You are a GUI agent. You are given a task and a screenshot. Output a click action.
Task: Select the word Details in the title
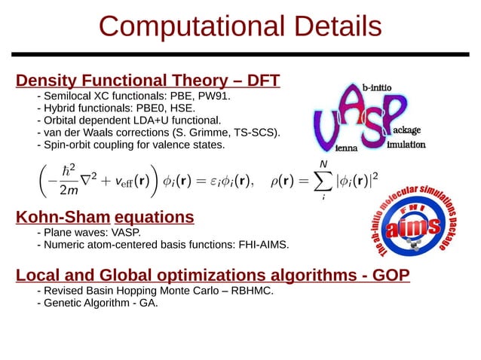click(x=325, y=26)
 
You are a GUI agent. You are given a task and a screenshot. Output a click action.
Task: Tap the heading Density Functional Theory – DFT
click(x=149, y=81)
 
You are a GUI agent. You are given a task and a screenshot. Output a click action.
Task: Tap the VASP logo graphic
click(x=362, y=117)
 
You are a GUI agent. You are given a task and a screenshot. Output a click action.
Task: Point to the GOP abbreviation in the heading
click(x=391, y=276)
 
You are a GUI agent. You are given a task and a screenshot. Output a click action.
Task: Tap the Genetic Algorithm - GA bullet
click(x=101, y=304)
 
